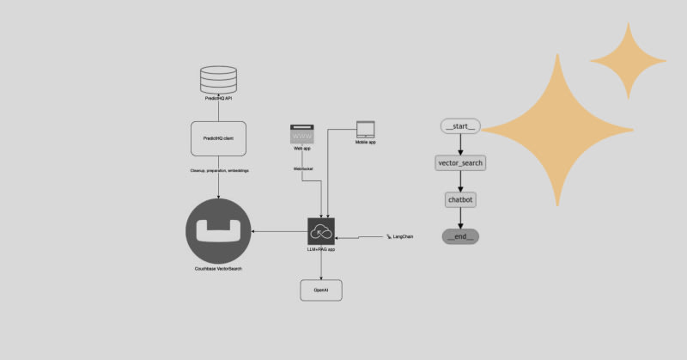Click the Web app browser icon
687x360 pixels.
tap(302, 135)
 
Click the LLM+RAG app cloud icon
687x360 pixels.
tap(321, 231)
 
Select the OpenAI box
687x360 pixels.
tap(321, 290)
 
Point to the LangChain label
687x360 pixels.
tap(400, 235)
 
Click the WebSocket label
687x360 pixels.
tap(302, 169)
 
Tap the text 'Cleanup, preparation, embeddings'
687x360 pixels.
tap(217, 171)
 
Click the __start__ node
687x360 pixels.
tap(460, 127)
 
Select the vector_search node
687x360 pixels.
tap(460, 163)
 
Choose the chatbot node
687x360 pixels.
tap(460, 199)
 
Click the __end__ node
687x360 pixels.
tap(460, 235)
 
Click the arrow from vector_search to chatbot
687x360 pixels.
tap(460, 181)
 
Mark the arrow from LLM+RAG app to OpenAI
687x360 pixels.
tap(321, 261)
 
